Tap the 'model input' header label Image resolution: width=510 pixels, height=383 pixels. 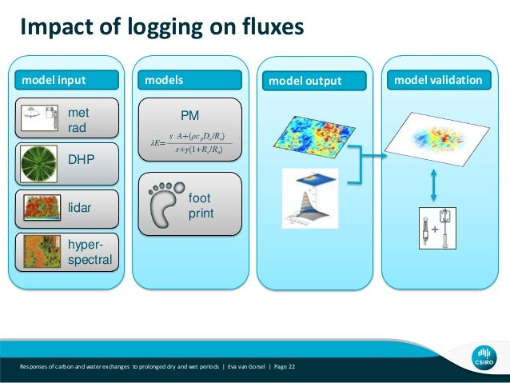(x=54, y=80)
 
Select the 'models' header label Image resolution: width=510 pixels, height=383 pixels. (x=164, y=80)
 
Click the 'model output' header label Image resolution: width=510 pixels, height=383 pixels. (x=305, y=81)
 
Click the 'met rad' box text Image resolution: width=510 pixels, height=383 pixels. (x=78, y=120)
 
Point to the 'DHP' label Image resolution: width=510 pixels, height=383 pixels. (x=82, y=160)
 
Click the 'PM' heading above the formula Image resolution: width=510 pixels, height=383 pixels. (x=189, y=116)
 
